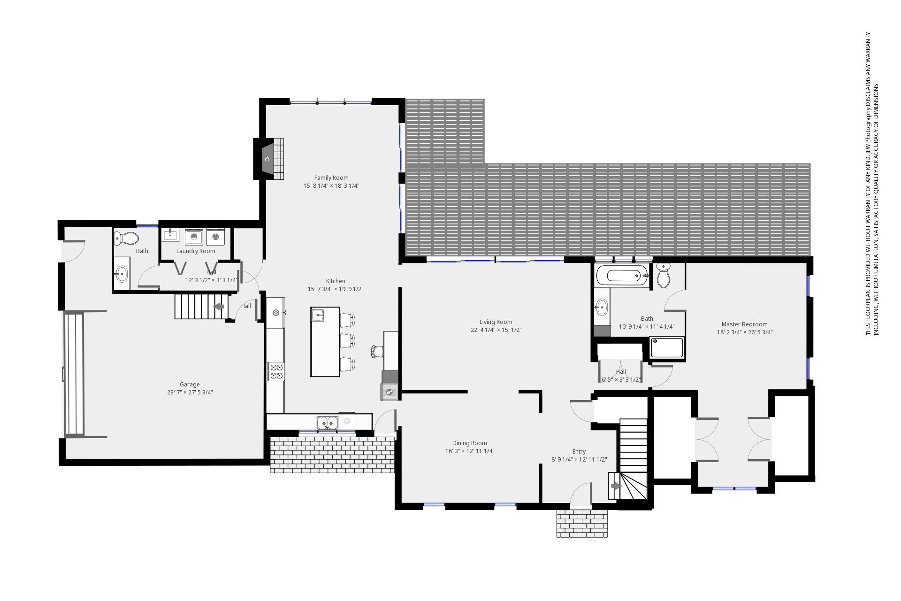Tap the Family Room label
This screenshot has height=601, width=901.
coord(331,177)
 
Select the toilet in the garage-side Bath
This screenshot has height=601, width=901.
coord(126,239)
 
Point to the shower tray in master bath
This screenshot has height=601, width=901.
coord(667,348)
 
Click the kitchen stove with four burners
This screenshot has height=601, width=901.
coord(276,371)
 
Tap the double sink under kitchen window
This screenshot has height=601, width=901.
coord(328,423)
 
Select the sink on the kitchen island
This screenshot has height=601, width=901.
coord(318,315)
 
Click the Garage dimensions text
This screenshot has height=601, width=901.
coord(190,393)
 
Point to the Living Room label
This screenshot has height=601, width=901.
coord(496,322)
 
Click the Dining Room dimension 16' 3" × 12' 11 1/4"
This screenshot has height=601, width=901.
coord(469,451)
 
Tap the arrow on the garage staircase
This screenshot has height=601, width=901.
coord(219,307)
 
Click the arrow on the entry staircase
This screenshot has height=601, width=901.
coord(616,486)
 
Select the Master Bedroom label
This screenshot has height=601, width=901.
coord(744,324)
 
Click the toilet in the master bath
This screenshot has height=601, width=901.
coord(664,275)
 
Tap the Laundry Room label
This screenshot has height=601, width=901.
coord(196,251)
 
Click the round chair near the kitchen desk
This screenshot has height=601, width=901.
coord(377,351)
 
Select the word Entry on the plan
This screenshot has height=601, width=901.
coord(579,451)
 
